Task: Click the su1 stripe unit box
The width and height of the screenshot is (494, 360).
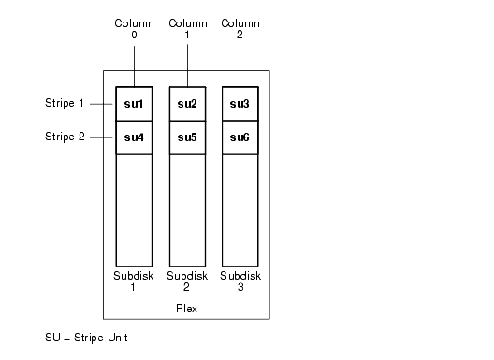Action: click(133, 103)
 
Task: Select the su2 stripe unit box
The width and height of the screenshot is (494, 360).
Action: click(186, 103)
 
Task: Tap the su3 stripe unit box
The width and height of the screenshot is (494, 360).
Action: click(239, 103)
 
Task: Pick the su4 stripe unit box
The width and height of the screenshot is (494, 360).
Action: click(133, 137)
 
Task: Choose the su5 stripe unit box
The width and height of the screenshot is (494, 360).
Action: click(186, 137)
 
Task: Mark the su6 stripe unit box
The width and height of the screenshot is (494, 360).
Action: click(239, 137)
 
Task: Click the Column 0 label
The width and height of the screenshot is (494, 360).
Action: click(133, 28)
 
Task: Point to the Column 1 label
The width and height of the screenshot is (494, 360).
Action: click(187, 28)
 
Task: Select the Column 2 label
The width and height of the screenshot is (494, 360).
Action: click(240, 28)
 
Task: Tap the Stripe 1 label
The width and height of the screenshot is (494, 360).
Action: click(65, 102)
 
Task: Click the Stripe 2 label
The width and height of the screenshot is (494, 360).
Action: click(65, 137)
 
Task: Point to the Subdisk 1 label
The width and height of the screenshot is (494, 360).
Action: click(133, 281)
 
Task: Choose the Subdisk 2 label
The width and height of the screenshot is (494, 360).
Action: click(186, 281)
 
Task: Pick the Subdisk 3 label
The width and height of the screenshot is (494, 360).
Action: click(240, 281)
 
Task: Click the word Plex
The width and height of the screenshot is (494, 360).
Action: click(186, 307)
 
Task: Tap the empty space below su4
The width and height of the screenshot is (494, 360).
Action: click(133, 210)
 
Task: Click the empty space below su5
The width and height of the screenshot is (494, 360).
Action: click(186, 210)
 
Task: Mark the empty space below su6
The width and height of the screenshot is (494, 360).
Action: click(239, 210)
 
